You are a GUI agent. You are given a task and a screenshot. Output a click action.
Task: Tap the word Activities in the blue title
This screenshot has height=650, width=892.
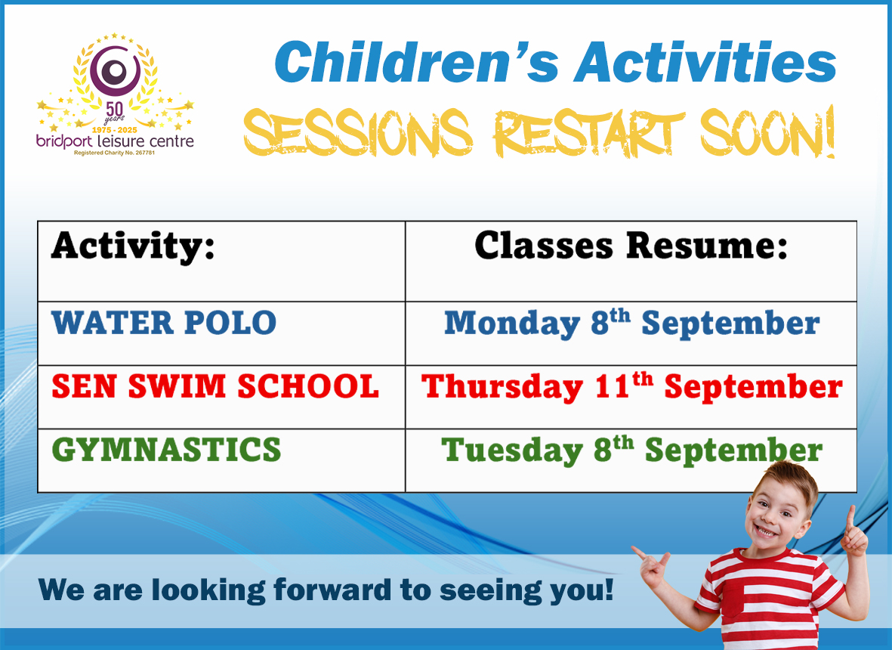pos(705,63)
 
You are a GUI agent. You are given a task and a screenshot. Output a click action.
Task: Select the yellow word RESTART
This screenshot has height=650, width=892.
pos(589,133)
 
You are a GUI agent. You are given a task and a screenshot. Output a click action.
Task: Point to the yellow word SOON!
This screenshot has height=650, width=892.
pos(767,132)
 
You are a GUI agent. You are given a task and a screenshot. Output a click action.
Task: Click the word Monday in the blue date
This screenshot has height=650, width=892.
pos(511,323)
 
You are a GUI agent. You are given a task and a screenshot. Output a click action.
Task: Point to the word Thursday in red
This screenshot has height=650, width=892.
pos(502,387)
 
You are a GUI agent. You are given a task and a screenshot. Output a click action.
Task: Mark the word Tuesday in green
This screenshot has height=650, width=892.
pos(512,450)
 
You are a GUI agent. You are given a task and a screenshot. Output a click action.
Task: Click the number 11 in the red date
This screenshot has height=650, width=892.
pos(612,387)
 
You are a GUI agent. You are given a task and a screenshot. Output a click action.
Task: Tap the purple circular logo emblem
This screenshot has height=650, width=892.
pos(116,70)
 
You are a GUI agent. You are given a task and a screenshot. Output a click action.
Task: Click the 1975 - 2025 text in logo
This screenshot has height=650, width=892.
pos(114,130)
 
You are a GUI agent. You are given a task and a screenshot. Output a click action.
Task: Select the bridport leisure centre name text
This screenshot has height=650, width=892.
pos(115,141)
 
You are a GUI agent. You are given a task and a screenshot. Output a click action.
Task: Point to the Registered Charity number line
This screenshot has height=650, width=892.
pos(114,153)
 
